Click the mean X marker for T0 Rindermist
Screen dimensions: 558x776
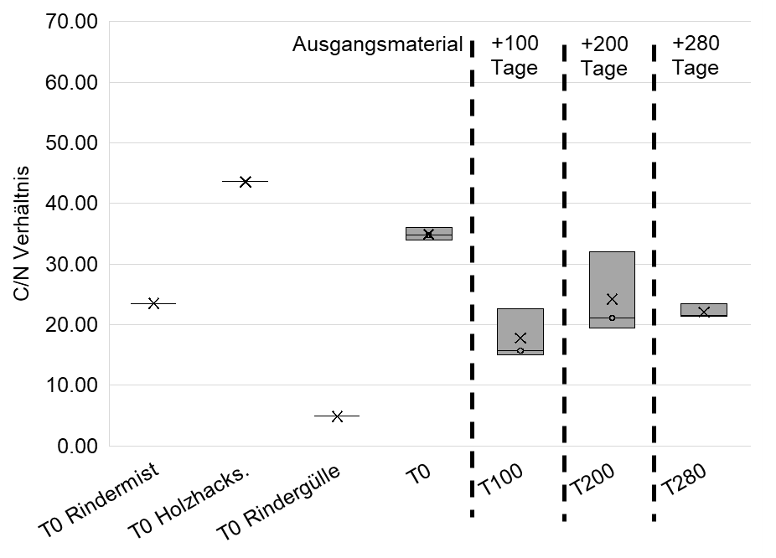[153, 303]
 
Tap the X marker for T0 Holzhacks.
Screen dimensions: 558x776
[246, 181]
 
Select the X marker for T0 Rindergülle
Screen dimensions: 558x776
[337, 416]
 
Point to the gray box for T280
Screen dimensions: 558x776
[704, 308]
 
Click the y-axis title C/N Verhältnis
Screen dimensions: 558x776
[23, 235]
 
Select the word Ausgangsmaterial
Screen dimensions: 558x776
[377, 44]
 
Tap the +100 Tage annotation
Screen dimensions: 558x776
[515, 55]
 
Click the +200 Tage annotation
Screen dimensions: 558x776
[604, 55]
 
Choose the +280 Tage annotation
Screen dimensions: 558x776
[696, 55]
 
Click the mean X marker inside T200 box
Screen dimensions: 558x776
[612, 299]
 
